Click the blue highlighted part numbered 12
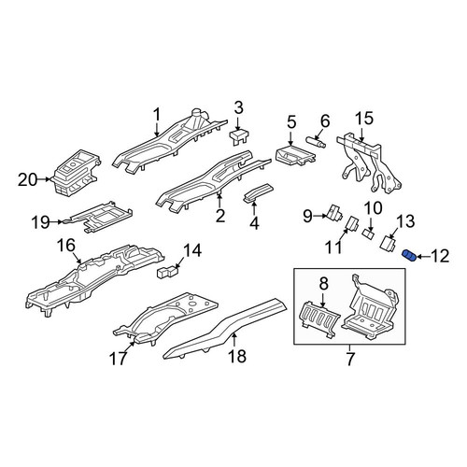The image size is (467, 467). pyautogui.click(x=409, y=256)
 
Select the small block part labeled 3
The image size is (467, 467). pyautogui.click(x=239, y=136)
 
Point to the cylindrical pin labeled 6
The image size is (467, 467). pyautogui.click(x=317, y=142)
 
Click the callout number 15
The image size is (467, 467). pyautogui.click(x=364, y=119)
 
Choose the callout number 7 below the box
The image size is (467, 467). pyautogui.click(x=350, y=359)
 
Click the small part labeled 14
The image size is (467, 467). pyautogui.click(x=168, y=272)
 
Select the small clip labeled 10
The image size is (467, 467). pyautogui.click(x=369, y=234)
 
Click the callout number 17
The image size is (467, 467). pyautogui.click(x=119, y=359)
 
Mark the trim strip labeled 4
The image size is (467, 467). pyautogui.click(x=258, y=193)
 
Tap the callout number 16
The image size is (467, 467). pyautogui.click(x=65, y=245)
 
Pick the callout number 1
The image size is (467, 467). pyautogui.click(x=157, y=115)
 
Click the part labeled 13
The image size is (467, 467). pyautogui.click(x=389, y=243)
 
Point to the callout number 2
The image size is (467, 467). pyautogui.click(x=220, y=216)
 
